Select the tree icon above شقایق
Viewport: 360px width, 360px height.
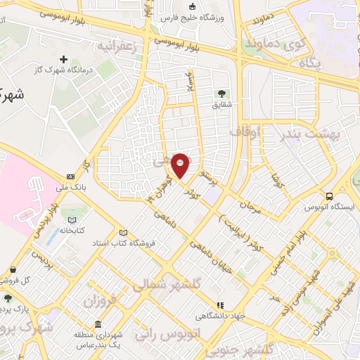(x=222, y=93)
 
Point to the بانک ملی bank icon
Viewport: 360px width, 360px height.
(x=70, y=176)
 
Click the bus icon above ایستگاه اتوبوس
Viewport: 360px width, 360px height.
(x=329, y=197)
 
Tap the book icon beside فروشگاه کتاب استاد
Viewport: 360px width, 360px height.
(x=124, y=233)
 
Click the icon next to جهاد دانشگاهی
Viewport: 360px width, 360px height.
(x=220, y=305)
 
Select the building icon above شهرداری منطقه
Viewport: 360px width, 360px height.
(x=97, y=324)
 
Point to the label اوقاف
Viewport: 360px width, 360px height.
(x=245, y=131)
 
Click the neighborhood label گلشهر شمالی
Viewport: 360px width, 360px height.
(x=158, y=283)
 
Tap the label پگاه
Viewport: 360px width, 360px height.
(x=309, y=63)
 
